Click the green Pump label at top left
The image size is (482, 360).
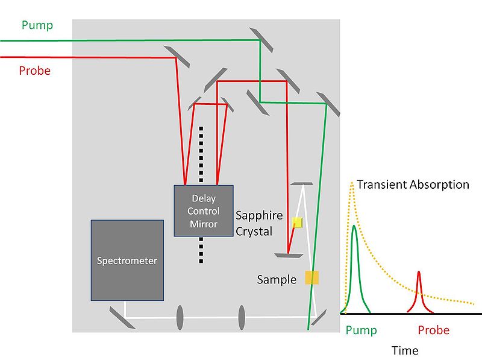37,25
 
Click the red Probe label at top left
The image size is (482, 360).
34,71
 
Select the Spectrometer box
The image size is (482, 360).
127,260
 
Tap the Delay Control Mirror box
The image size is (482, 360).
202,210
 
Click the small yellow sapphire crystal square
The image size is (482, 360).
296,223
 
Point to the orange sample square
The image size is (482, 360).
311,277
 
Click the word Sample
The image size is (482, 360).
277,280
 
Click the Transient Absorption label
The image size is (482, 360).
413,185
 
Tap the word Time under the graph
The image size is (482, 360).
404,350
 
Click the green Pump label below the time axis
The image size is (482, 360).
361,330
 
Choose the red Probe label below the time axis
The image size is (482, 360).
434,330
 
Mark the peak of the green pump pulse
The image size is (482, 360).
355,226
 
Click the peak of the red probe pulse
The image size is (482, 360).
419,273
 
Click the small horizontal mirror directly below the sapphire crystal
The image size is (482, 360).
289,256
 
